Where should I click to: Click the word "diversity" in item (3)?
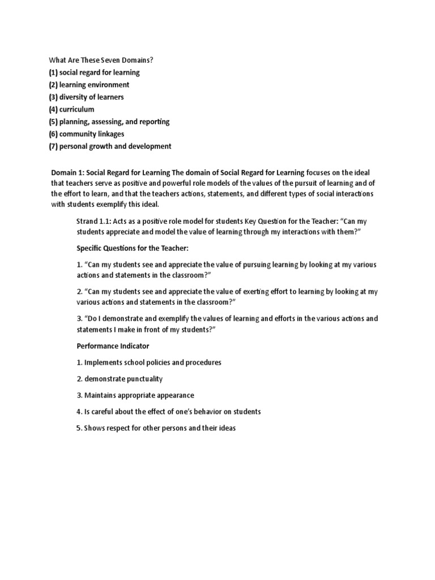(x=77, y=97)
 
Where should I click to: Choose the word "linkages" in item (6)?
(x=109, y=134)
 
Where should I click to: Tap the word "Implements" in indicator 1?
(x=105, y=362)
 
